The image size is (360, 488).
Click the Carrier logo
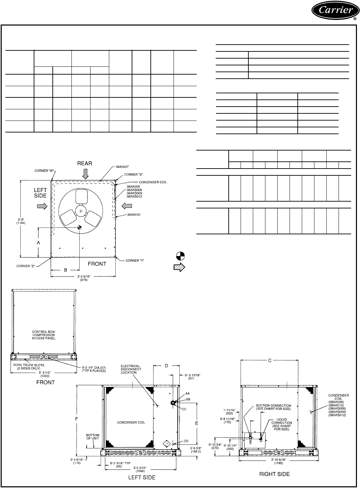click(336, 11)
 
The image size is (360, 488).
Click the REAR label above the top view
click(84, 163)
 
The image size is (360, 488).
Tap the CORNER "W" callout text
click(44, 171)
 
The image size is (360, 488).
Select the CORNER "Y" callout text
click(135, 261)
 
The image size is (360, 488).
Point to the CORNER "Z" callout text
click(26, 266)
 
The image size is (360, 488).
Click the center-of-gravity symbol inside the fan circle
click(79, 227)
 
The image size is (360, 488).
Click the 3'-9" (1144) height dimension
click(21, 221)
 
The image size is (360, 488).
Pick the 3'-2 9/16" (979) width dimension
click(84, 278)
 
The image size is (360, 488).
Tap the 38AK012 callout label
click(133, 215)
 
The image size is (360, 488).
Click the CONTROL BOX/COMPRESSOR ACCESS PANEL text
click(44, 335)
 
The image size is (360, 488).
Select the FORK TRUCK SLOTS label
click(29, 366)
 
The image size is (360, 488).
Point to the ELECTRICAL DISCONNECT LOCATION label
click(131, 369)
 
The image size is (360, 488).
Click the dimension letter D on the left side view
click(166, 366)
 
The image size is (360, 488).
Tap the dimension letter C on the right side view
click(270, 360)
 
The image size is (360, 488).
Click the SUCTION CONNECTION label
click(273, 407)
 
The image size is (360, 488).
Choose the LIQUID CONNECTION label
click(281, 424)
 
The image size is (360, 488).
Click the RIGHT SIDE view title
click(275, 474)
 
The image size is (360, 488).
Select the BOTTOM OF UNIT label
click(93, 437)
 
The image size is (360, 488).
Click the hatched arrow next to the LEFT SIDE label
click(42, 206)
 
